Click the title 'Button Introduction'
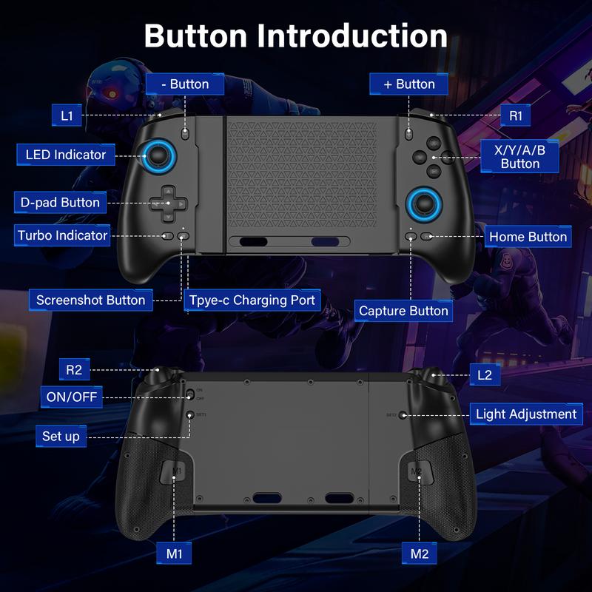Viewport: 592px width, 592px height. pos(295,35)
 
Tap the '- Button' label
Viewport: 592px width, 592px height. pos(184,84)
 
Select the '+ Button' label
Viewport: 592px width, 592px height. pos(409,84)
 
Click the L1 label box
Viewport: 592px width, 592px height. pos(67,115)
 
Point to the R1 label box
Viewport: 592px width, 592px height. pos(516,115)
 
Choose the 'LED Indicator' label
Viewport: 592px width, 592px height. pos(66,155)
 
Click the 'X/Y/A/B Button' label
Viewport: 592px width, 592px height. pos(519,156)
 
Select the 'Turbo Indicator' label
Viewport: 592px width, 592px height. pos(63,236)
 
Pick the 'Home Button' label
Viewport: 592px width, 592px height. pos(528,237)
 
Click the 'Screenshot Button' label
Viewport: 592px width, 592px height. pos(91,300)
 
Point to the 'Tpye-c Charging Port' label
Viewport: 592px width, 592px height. pos(252,300)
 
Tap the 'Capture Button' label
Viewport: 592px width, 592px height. pos(403,311)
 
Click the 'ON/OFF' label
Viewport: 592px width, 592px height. pos(71,397)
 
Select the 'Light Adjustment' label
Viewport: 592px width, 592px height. pos(525,414)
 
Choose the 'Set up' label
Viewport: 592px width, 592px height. pos(61,436)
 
